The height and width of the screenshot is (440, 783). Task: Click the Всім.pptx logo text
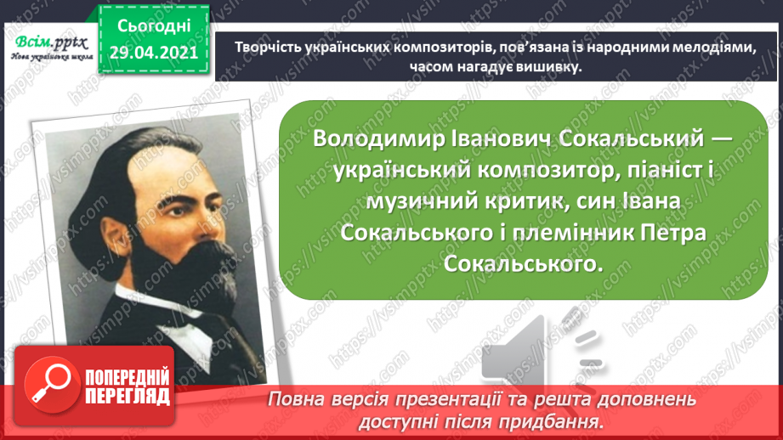pyautogui.click(x=50, y=42)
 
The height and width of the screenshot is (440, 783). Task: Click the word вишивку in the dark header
pyautogui.click(x=537, y=68)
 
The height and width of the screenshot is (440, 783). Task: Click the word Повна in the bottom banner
pyautogui.click(x=297, y=399)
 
